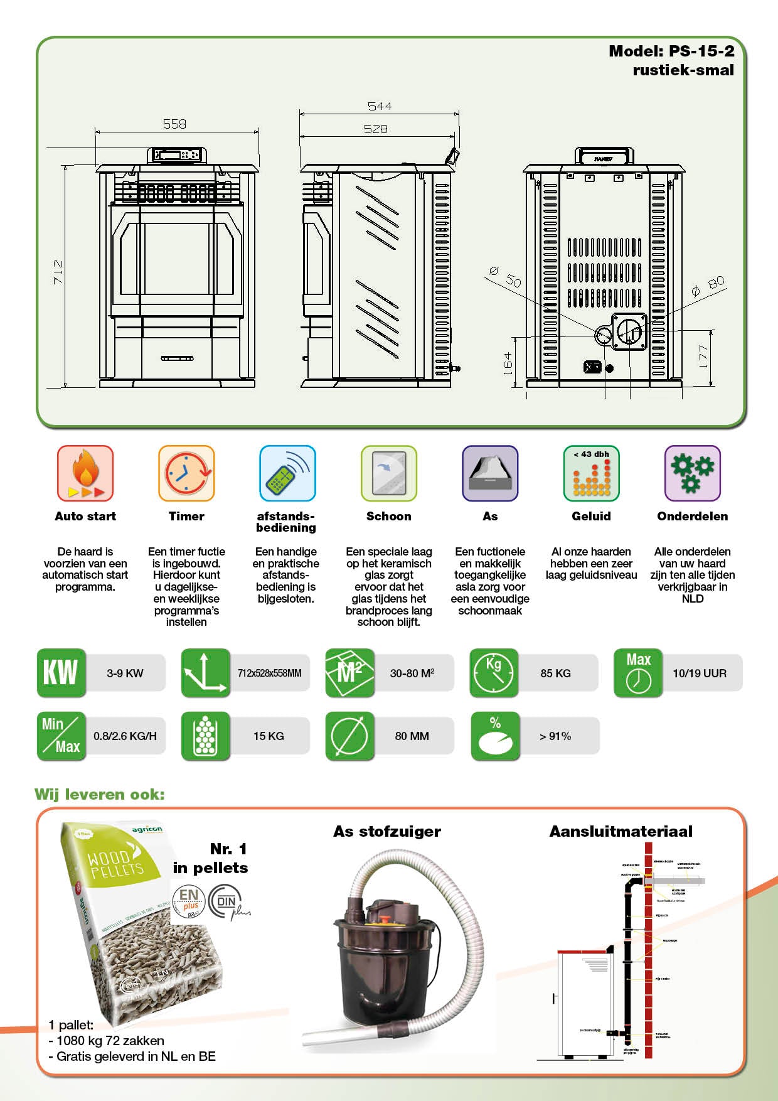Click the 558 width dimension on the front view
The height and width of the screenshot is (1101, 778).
(x=174, y=124)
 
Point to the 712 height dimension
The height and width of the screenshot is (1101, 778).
(x=58, y=272)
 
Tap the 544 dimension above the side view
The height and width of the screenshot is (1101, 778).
(x=380, y=106)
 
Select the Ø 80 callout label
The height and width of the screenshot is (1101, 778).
(x=708, y=286)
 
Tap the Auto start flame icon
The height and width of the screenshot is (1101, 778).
(x=85, y=473)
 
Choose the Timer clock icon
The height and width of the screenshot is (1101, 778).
(x=186, y=473)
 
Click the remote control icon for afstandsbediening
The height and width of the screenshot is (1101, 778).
(x=287, y=473)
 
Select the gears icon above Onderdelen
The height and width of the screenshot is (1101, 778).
(x=692, y=473)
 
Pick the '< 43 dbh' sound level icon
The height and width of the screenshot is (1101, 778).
(x=591, y=473)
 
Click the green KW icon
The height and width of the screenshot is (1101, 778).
(x=61, y=673)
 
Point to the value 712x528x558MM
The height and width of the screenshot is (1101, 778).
(x=269, y=673)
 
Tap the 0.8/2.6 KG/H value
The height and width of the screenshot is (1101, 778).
(x=125, y=736)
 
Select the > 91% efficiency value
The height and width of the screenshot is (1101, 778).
(x=555, y=736)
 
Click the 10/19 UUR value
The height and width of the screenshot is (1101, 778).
(x=700, y=673)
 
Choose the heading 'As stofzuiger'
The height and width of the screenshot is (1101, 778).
(x=387, y=831)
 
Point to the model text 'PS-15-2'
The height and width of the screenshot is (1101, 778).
(x=701, y=51)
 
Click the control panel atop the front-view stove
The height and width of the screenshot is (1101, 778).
(x=178, y=154)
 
